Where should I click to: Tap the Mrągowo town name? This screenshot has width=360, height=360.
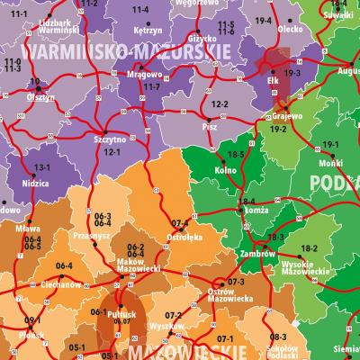point(132,76)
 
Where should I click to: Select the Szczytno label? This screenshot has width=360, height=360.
point(110,140)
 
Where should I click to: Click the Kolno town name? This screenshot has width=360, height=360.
point(227,168)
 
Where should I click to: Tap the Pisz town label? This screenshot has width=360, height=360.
point(211,127)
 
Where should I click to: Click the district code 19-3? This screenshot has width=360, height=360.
point(292,72)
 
